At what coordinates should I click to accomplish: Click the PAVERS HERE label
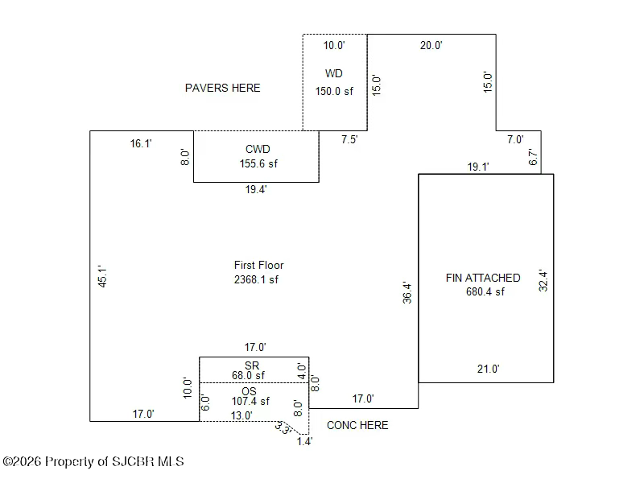coord(223,88)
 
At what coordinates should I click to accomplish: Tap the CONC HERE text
coord(357,425)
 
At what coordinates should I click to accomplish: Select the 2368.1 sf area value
coord(256,279)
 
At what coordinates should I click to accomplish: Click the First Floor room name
coord(258,265)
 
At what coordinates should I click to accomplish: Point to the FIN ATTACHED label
coord(483,278)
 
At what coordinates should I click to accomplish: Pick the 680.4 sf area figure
coord(485,291)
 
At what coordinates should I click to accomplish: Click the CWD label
coord(258,149)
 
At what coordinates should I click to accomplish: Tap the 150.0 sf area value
coord(334,91)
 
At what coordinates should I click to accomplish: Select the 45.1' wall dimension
coord(102,276)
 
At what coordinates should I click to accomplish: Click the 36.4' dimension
coord(407,292)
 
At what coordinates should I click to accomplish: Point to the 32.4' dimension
coord(543,280)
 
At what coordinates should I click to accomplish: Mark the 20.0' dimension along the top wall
coord(431,45)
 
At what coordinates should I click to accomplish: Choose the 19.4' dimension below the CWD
coord(256,189)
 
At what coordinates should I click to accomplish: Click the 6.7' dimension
coord(533,157)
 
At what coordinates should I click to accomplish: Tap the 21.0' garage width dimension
coord(489,369)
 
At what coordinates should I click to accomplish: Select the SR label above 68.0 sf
coord(252,365)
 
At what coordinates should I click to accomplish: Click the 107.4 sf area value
coord(250,401)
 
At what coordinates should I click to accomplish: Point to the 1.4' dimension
coord(305,441)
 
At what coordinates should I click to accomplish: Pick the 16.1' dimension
coord(141,144)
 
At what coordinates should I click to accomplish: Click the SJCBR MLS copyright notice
coord(93,461)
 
